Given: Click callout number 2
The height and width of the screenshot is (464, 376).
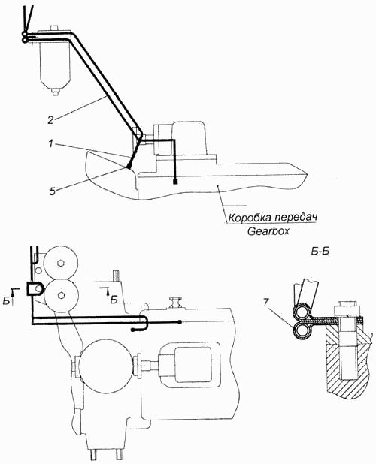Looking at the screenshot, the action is (50, 121).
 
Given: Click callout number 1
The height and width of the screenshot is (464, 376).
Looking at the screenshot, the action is (50, 144).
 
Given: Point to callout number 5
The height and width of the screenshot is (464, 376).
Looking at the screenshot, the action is (52, 191).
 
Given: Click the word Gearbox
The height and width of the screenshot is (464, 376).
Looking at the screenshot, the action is (268, 231).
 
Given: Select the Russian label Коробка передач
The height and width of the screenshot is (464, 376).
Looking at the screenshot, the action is (272, 218).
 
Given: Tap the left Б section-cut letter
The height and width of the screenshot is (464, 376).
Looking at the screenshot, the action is (7, 300).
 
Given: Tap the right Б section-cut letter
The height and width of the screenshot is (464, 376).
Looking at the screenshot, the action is (114, 300).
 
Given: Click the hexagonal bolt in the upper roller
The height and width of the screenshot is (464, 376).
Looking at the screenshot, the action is (61, 263).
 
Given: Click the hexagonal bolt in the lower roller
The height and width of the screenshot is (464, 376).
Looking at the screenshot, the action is (61, 295).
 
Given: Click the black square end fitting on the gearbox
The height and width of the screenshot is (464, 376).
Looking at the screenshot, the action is (175, 181).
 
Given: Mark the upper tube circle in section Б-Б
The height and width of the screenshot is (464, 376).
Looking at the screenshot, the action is (300, 313).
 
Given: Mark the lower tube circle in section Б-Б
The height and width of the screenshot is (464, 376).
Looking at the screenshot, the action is (300, 331).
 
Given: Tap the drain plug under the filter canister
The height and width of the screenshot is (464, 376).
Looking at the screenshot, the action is (55, 92).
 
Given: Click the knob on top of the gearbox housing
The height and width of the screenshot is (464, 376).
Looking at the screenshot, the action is (174, 303).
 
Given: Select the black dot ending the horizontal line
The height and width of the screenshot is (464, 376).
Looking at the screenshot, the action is (180, 322).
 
